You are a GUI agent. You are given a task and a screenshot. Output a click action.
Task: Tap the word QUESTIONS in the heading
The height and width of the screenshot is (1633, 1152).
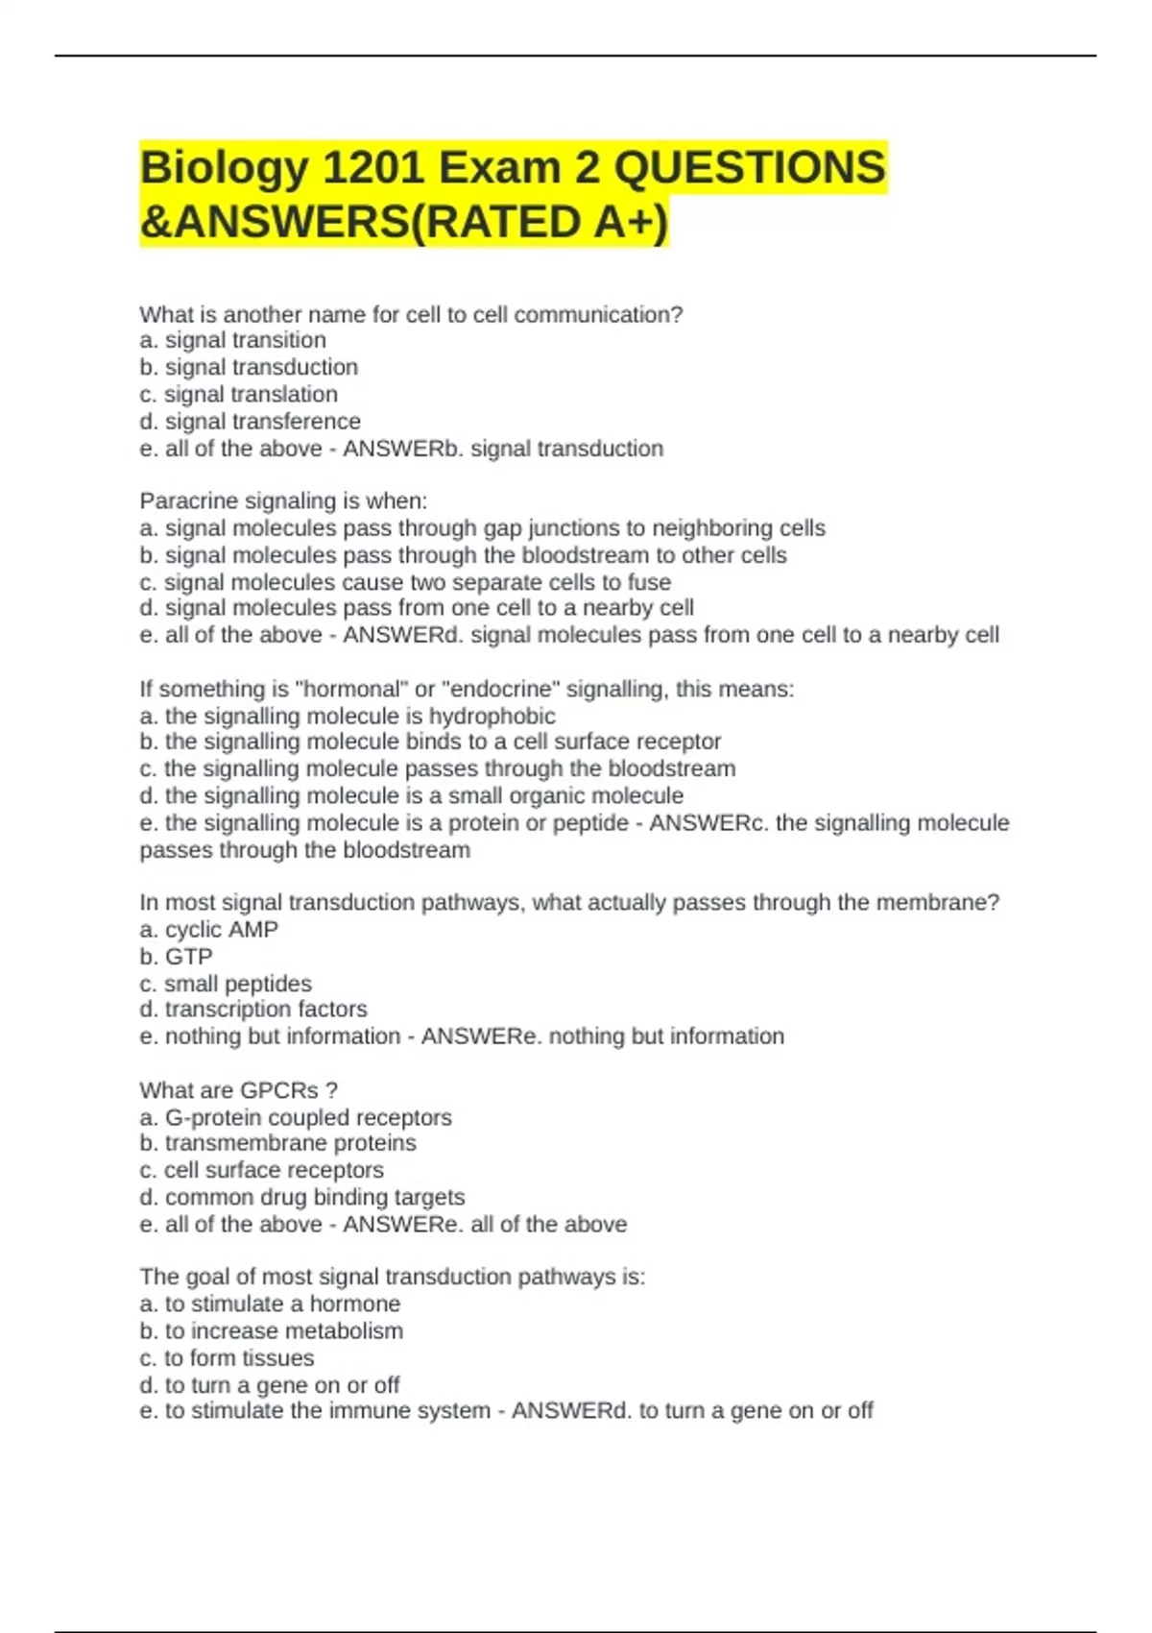pyautogui.click(x=749, y=168)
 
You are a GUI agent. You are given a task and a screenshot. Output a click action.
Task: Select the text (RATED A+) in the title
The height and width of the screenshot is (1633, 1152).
pyautogui.click(x=538, y=222)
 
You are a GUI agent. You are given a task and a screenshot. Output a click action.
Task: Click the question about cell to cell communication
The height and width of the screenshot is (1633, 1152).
pyautogui.click(x=411, y=314)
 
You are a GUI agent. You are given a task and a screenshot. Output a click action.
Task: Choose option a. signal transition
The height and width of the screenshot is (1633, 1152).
pyautogui.click(x=232, y=340)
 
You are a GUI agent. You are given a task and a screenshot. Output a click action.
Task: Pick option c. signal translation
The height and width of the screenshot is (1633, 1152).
pyautogui.click(x=238, y=394)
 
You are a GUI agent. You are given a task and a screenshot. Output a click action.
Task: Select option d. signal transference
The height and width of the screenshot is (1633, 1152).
pyautogui.click(x=250, y=421)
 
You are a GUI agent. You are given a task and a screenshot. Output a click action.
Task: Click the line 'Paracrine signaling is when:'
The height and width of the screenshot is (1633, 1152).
pyautogui.click(x=283, y=500)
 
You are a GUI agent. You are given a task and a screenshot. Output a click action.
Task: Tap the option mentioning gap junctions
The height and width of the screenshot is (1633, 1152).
pyautogui.click(x=482, y=527)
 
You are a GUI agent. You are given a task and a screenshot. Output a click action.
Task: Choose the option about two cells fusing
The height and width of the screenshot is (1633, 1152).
pyautogui.click(x=405, y=582)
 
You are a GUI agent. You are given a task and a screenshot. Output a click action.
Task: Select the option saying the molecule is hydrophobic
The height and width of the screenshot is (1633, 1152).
pyautogui.click(x=348, y=716)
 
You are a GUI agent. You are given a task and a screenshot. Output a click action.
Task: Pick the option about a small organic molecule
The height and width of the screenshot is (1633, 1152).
pyautogui.click(x=411, y=795)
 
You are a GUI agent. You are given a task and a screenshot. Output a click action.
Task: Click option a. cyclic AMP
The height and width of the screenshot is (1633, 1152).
pyautogui.click(x=208, y=929)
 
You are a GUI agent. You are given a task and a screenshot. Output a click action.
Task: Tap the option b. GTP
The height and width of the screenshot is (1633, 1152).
pyautogui.click(x=176, y=956)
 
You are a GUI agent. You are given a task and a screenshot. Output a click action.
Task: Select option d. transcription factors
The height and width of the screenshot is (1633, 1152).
pyautogui.click(x=253, y=1009)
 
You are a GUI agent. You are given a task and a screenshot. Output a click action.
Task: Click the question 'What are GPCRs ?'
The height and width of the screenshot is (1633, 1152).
pyautogui.click(x=238, y=1090)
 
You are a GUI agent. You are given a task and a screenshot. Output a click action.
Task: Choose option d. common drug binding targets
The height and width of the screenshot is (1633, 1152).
pyautogui.click(x=301, y=1197)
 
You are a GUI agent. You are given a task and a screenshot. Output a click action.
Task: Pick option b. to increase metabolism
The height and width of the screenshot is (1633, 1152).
pyautogui.click(x=271, y=1330)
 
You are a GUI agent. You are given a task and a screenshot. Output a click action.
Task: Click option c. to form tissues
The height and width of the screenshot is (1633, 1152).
pyautogui.click(x=227, y=1357)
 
